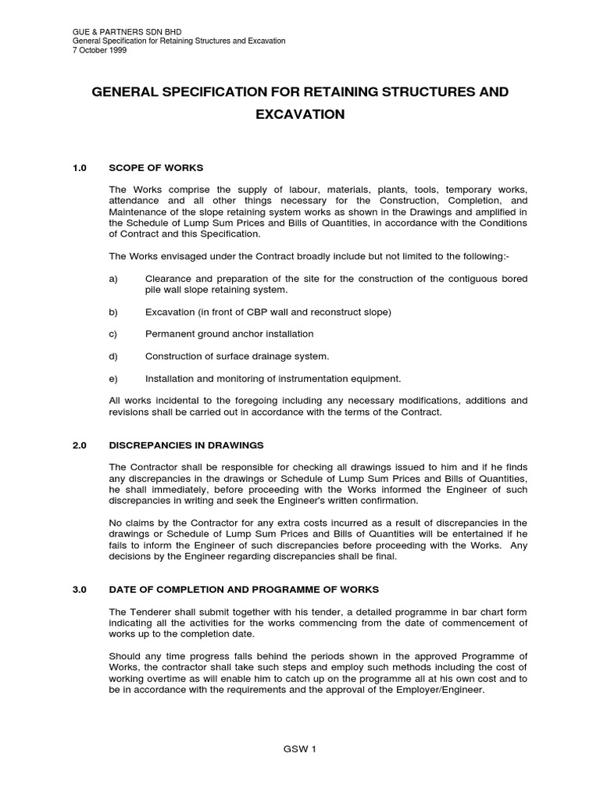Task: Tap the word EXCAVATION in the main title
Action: tap(300, 115)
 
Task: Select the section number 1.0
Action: tap(79, 167)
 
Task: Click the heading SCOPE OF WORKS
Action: tap(155, 167)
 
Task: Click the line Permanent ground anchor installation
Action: tap(229, 334)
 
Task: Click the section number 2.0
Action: tap(79, 445)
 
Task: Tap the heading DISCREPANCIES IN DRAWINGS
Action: tap(186, 445)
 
